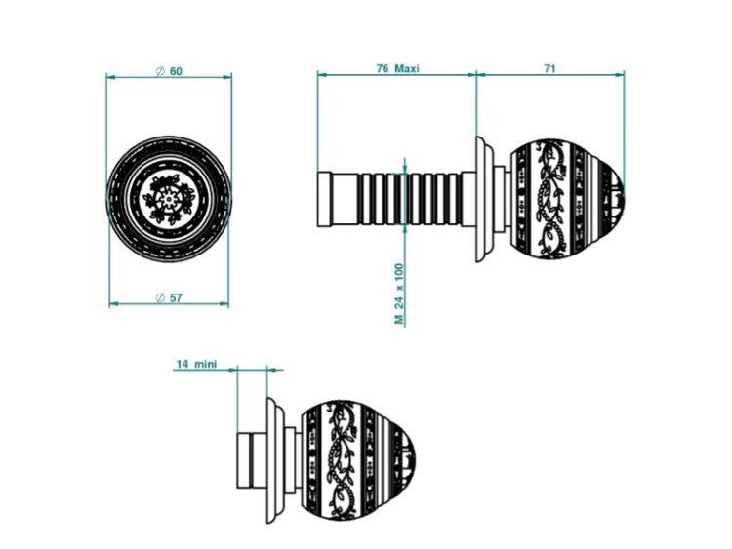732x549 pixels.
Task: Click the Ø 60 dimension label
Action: pos(169,71)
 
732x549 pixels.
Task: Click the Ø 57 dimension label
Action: pos(169,297)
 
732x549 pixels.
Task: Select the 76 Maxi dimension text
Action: pos(398,68)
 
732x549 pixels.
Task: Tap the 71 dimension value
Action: pos(549,68)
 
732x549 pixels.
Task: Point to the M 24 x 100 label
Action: pos(399,294)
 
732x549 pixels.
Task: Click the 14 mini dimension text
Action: pos(196,364)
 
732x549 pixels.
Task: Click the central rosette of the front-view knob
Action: pos(168,199)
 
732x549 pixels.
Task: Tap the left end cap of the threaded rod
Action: pos(324,199)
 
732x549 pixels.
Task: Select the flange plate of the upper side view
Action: pos(485,199)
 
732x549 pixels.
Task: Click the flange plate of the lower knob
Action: pos(276,460)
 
